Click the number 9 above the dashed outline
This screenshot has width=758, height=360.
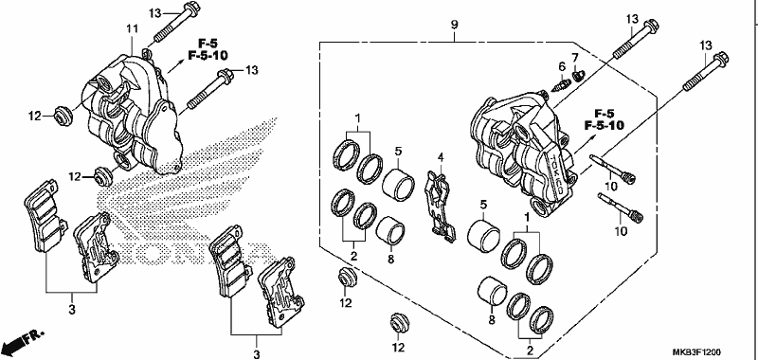[x=455, y=25]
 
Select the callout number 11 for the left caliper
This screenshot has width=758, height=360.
[x=133, y=29]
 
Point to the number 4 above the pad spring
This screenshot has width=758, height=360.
[x=441, y=157]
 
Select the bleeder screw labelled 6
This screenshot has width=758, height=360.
[x=559, y=87]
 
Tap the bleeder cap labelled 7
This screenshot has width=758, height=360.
[x=578, y=75]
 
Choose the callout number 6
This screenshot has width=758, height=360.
[x=562, y=66]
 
